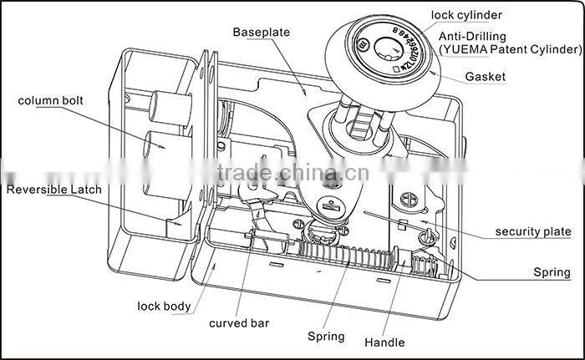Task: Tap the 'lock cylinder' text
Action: (x=468, y=15)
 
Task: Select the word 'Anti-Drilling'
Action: (x=472, y=37)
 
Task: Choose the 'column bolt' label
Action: (x=50, y=101)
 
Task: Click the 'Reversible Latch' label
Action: (x=54, y=190)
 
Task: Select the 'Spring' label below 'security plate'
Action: (x=552, y=272)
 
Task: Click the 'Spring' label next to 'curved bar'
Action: (x=325, y=337)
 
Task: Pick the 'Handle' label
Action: (x=384, y=342)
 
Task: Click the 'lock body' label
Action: (x=164, y=306)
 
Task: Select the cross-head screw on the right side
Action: (x=409, y=201)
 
